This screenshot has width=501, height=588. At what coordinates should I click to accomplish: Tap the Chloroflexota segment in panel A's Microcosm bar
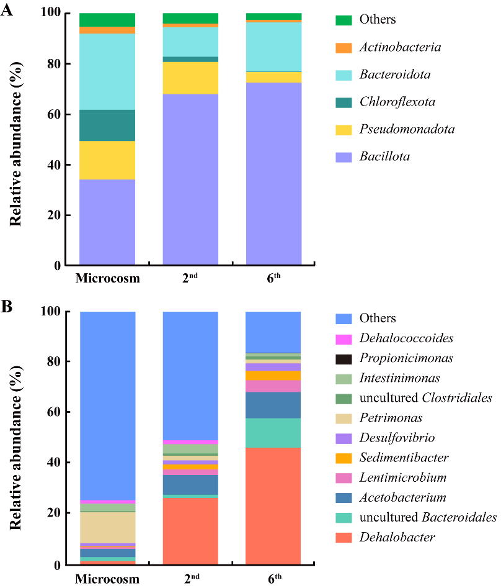[x=107, y=125]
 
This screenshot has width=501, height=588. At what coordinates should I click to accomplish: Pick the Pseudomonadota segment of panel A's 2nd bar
[x=190, y=78]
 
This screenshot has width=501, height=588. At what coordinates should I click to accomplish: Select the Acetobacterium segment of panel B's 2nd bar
[x=190, y=484]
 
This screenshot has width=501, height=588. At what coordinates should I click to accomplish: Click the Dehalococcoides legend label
[x=406, y=338]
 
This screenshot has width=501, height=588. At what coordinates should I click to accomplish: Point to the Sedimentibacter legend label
[x=403, y=458]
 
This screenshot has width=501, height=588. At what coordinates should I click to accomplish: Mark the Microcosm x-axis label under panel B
[x=107, y=579]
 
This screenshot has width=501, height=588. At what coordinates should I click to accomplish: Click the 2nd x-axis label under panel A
[x=190, y=279]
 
